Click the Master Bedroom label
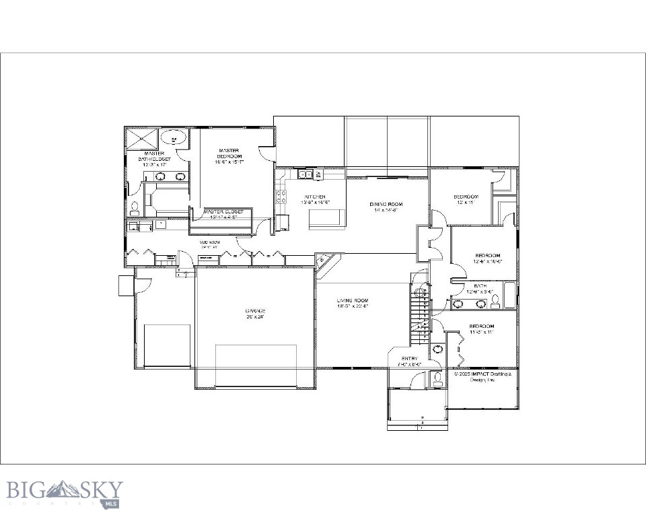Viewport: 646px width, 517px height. tap(229, 156)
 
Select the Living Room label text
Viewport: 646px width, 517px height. tap(353, 303)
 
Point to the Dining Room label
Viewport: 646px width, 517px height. tap(386, 207)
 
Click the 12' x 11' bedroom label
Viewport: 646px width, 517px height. tap(466, 199)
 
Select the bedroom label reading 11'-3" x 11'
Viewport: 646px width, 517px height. tap(482, 329)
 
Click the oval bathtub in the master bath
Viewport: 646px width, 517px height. tap(174, 139)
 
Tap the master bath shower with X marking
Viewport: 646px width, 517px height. tap(141, 139)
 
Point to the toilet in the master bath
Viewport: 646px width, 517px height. tap(134, 207)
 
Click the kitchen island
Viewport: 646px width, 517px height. tap(327, 218)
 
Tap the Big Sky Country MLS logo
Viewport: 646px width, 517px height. tap(65, 492)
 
